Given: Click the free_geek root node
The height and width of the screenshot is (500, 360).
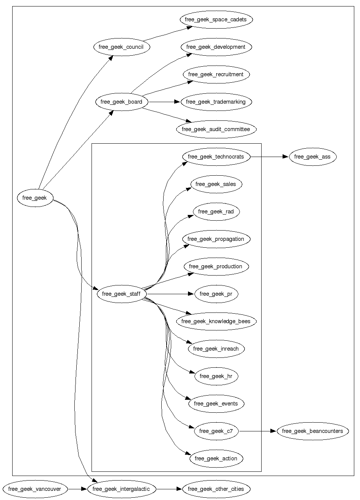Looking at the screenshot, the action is [35, 198].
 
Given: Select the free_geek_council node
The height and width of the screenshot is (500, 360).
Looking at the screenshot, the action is [122, 47].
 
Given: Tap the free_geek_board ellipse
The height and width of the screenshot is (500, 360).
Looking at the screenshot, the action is [122, 102].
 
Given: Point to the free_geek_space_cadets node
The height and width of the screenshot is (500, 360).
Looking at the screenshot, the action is [216, 19].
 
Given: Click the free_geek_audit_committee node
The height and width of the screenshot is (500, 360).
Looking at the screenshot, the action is [216, 129].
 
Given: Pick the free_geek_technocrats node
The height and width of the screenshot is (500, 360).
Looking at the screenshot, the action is [216, 157].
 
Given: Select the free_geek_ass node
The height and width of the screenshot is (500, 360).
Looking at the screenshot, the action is [313, 157].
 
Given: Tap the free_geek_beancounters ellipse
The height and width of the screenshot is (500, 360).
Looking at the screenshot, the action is [313, 431].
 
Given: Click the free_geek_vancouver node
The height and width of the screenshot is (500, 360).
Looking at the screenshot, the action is [35, 489].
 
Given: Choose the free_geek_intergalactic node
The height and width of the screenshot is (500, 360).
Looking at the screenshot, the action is [122, 489].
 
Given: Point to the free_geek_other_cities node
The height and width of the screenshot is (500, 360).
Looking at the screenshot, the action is [216, 489].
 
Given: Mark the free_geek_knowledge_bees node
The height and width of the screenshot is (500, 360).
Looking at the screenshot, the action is [216, 321].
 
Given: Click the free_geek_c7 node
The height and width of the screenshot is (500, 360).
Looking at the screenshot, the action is [216, 431].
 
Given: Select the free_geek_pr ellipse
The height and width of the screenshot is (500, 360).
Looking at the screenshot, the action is [216, 294].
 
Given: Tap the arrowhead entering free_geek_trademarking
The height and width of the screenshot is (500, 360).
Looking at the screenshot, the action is [177, 102].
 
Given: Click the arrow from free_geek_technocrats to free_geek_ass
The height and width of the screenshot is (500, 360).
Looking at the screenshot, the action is [270, 157].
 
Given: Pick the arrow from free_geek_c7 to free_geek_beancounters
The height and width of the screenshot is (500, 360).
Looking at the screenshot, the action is [258, 431].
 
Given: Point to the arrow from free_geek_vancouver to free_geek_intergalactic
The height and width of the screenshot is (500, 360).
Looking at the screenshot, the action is [77, 489].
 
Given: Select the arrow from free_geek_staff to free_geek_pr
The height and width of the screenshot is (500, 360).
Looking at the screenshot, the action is [170, 294].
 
